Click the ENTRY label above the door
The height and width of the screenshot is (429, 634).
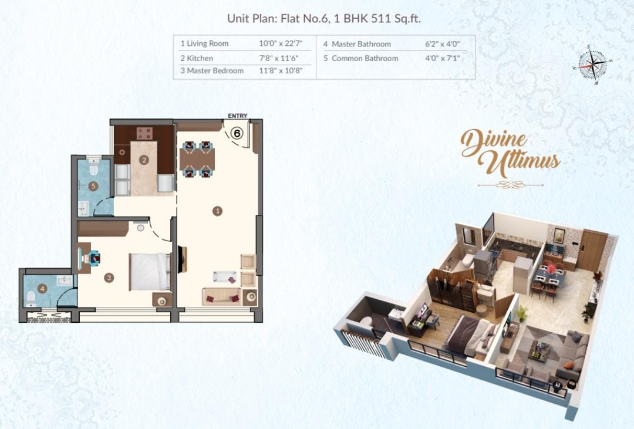point(237,116)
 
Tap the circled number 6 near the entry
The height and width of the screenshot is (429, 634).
point(237,133)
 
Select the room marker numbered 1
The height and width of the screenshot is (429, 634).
point(218,211)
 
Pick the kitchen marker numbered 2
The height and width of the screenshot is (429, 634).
point(144,160)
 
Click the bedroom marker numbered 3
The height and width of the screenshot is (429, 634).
point(109,278)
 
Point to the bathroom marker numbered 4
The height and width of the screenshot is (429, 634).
point(42,289)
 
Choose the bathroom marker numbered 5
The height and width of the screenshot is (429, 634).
point(93,187)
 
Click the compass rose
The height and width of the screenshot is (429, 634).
point(592,65)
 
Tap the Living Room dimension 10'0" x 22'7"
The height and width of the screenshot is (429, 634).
point(281,43)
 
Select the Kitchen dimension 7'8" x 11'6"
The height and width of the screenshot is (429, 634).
point(279,58)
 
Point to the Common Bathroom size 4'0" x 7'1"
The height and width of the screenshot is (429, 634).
point(443,58)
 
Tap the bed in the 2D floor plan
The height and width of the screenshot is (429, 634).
point(150,272)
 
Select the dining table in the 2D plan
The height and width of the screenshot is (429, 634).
point(197,159)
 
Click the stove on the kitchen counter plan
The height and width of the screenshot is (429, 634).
point(144,133)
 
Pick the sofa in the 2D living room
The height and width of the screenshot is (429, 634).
point(221,297)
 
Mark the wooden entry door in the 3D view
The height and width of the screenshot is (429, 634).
point(591,250)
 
